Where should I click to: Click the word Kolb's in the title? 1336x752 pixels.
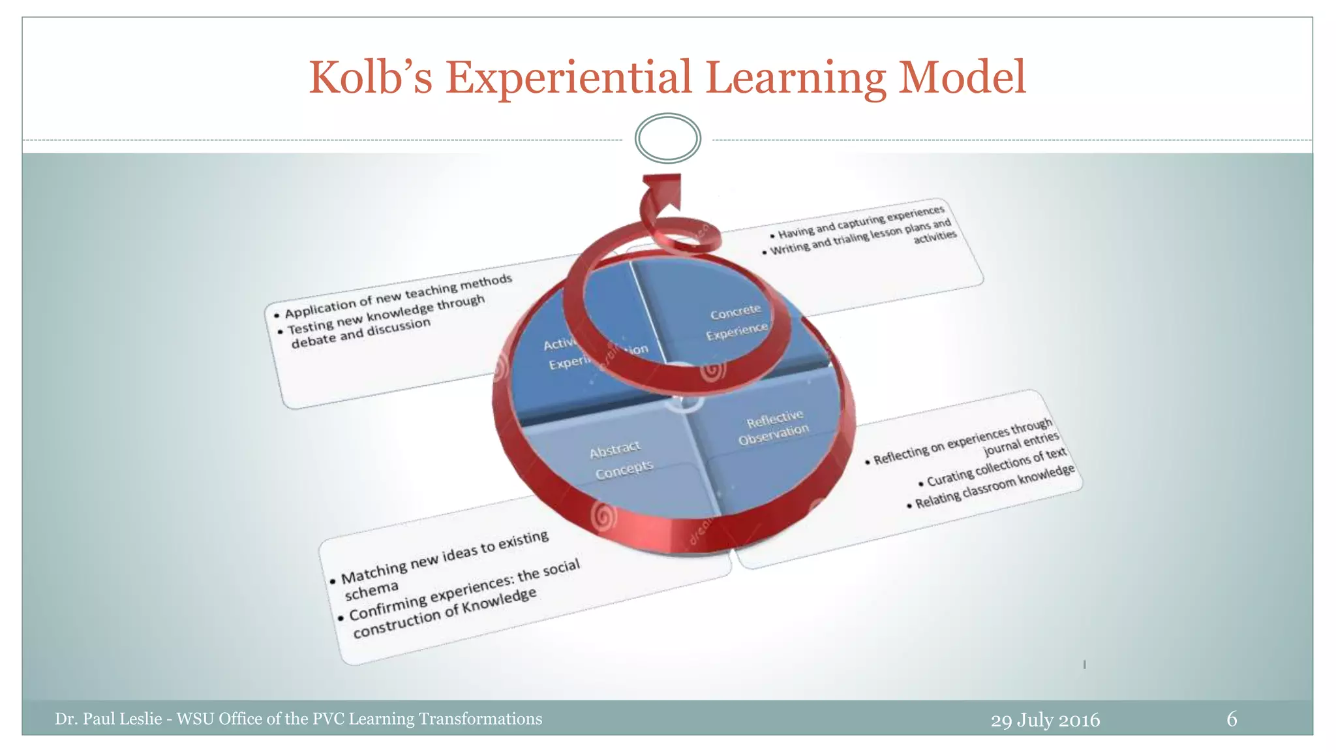click(370, 78)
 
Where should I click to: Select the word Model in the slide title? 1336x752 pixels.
click(962, 78)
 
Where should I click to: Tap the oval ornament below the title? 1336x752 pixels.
click(667, 138)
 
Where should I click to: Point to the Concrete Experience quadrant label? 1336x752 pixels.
click(736, 322)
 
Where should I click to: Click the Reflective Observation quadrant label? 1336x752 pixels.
click(774, 428)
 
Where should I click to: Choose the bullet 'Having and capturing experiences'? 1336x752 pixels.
click(860, 222)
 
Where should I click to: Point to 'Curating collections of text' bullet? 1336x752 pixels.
click(995, 467)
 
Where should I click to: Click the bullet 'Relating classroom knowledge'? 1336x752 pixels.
click(994, 487)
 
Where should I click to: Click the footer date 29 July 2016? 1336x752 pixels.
click(1045, 719)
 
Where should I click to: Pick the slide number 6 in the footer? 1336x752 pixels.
click(1232, 719)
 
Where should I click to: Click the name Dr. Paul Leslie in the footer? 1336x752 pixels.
click(108, 719)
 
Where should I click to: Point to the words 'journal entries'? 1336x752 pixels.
click(1021, 443)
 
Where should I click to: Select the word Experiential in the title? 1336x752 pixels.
click(568, 78)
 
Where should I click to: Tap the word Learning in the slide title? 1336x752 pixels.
click(796, 78)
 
